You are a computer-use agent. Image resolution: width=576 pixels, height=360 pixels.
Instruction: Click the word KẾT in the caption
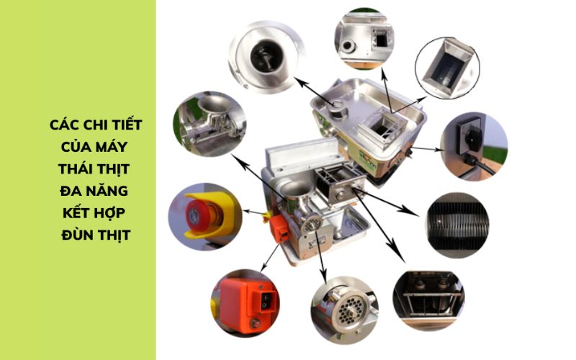[x=81, y=214]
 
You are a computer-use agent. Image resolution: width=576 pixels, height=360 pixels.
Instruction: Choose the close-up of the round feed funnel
[x=262, y=58]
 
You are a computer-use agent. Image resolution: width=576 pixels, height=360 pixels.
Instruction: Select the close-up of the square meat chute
[x=446, y=68]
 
